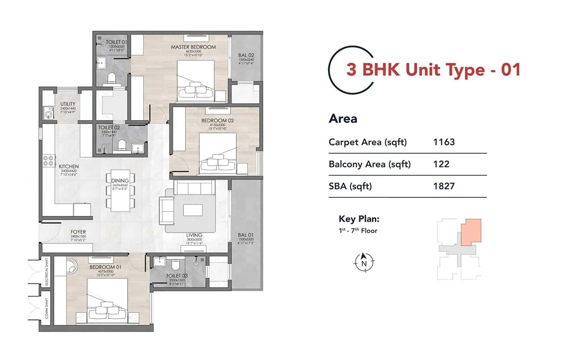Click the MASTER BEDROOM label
pos(193,47)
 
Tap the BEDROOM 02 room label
pos(218,120)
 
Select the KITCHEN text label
pos(69,166)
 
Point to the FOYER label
pos(78,232)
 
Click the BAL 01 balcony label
pos(246,235)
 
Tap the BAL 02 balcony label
pos(246,56)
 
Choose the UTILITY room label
pos(68,104)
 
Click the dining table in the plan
pos(120,190)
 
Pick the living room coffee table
pos(193,210)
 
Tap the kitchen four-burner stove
pos(48,161)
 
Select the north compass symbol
pos(364,262)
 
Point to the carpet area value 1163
pos(444,142)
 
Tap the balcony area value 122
pos(441,164)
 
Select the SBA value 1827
pos(444,186)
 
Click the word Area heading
pos(343,119)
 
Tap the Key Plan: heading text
pos(359,219)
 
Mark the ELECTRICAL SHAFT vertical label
pos(46,272)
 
